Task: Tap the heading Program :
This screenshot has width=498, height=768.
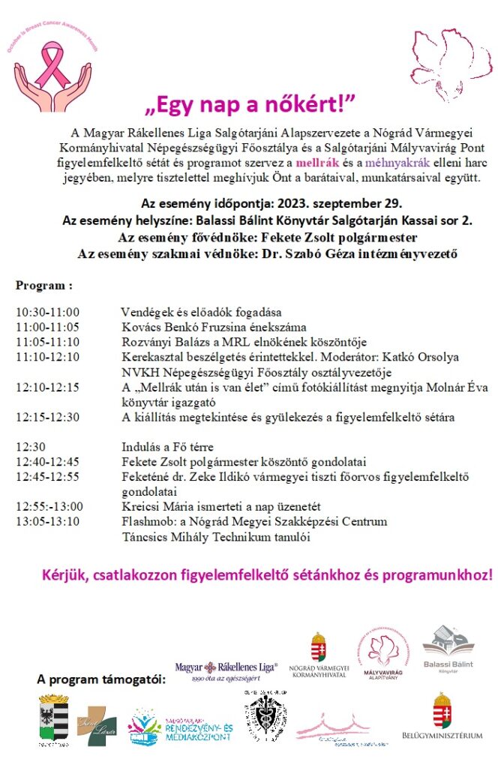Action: [x=44, y=286]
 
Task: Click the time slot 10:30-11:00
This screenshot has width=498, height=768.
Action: [x=47, y=312]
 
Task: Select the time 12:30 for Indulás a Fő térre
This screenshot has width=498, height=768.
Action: [x=30, y=447]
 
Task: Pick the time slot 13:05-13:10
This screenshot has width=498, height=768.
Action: [x=47, y=521]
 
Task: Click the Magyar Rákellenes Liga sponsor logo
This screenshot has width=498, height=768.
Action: [x=226, y=670]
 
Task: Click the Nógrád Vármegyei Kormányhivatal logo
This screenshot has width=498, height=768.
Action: [x=318, y=655]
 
